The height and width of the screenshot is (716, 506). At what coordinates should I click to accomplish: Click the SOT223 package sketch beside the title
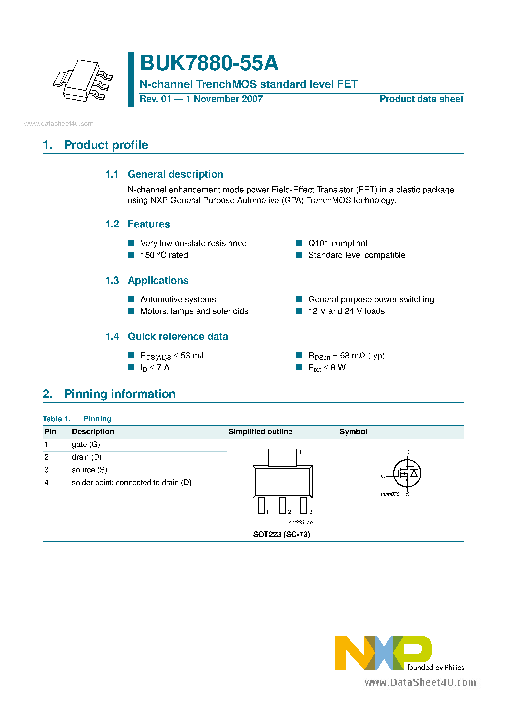83,81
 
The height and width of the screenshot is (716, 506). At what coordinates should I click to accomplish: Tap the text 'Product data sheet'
421,99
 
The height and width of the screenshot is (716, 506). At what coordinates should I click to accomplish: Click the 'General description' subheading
175,174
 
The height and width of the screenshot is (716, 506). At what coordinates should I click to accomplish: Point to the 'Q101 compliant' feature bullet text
338,243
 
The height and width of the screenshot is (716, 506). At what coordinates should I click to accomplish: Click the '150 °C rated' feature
164,255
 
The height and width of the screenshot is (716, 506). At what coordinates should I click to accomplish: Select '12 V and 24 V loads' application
346,311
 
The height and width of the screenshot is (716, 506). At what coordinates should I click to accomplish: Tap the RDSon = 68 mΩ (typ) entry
346,356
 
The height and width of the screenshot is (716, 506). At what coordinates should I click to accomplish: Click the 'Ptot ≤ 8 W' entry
327,368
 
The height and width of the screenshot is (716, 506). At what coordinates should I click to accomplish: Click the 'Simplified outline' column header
260,432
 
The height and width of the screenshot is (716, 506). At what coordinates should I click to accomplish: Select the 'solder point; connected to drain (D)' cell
131,483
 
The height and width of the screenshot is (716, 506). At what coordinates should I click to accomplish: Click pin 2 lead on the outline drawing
282,505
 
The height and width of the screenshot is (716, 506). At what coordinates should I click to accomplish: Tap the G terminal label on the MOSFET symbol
383,476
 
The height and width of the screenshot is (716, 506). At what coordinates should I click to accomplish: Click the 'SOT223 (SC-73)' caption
281,535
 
